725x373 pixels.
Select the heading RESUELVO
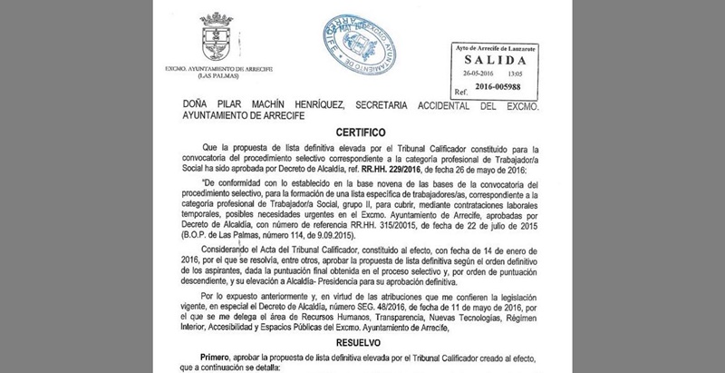[362, 346]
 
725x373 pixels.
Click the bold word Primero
[234, 361]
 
